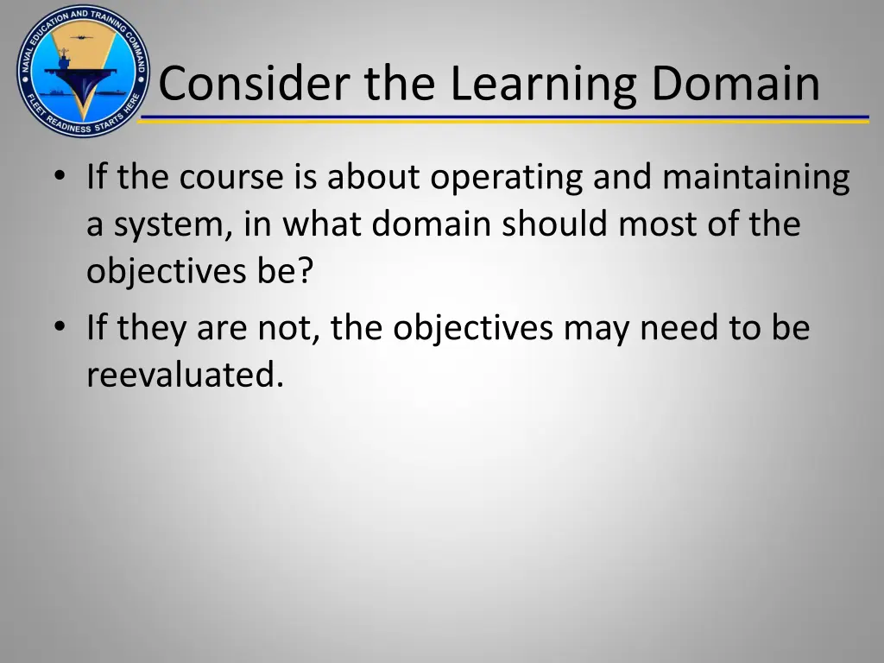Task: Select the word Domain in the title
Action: pyautogui.click(x=735, y=84)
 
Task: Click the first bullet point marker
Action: pyautogui.click(x=59, y=176)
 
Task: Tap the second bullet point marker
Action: pyautogui.click(x=59, y=327)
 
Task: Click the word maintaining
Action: pyautogui.click(x=756, y=177)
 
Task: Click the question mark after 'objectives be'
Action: pyautogui.click(x=307, y=272)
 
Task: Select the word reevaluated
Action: pyautogui.click(x=185, y=375)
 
